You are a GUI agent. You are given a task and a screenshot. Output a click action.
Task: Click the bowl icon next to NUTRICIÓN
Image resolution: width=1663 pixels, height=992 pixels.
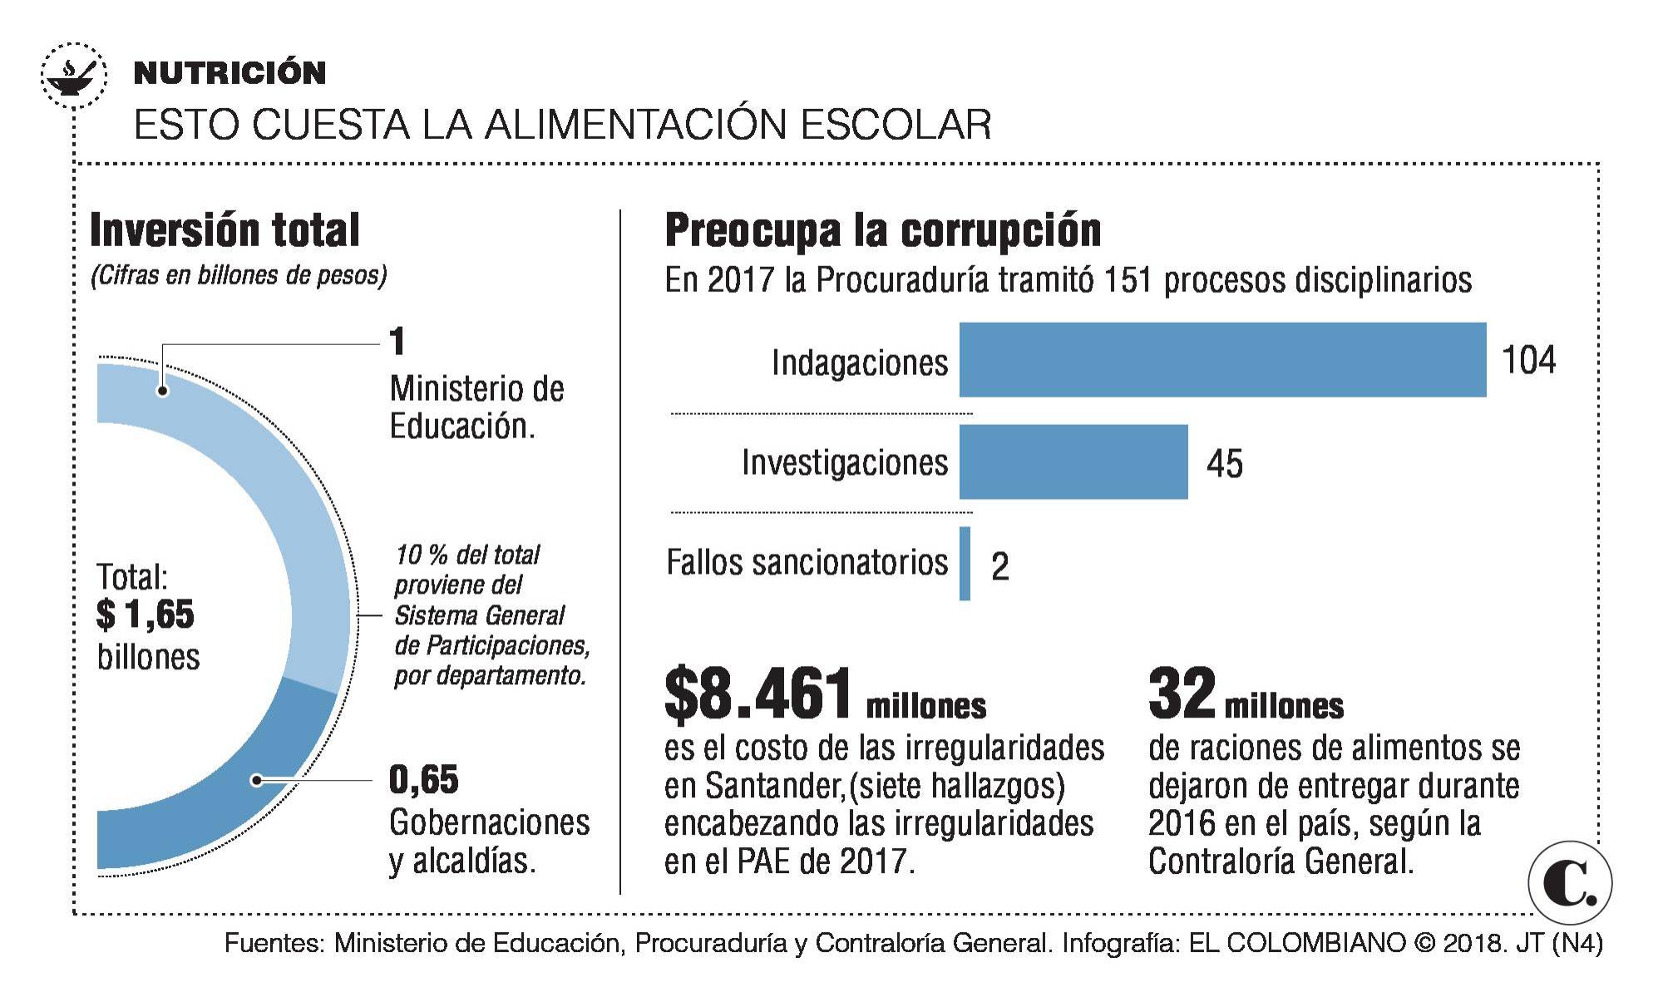[74, 75]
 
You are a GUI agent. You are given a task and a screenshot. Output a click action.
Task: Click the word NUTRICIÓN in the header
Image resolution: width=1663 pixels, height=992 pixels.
[229, 73]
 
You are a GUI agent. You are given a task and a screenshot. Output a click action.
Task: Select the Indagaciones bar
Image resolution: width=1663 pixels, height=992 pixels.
[1222, 359]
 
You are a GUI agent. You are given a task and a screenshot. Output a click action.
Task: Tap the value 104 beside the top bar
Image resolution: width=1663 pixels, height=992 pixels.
[1528, 360]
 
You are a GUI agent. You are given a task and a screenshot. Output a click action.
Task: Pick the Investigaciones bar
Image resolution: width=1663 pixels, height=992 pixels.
[1073, 461]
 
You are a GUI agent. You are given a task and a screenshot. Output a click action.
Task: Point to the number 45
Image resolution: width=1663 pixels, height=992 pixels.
[1224, 464]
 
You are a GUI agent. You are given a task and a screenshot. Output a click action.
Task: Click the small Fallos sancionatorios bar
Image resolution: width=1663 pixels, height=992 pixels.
[965, 563]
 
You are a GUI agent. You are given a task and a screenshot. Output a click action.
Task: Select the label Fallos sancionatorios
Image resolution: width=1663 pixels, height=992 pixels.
[807, 563]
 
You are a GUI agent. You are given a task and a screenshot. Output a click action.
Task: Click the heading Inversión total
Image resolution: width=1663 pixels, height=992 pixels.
[225, 230]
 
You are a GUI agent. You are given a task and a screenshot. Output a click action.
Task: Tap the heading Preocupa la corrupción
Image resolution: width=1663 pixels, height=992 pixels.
[882, 230]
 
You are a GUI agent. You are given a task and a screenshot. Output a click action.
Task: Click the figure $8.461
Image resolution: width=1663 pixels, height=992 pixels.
[758, 694]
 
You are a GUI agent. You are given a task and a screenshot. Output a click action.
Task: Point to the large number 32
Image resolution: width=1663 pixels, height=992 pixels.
[1182, 694]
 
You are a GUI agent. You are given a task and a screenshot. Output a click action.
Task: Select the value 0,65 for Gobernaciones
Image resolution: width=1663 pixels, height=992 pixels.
[423, 779]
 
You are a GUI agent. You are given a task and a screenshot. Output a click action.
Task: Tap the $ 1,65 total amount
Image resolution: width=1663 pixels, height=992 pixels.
[146, 614]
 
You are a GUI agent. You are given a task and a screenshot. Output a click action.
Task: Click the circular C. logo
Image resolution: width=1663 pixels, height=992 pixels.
[1569, 883]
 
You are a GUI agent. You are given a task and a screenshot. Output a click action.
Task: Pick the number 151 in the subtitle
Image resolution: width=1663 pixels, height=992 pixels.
[1128, 280]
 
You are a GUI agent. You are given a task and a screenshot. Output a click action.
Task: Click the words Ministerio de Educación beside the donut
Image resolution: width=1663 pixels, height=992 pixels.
[476, 407]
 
